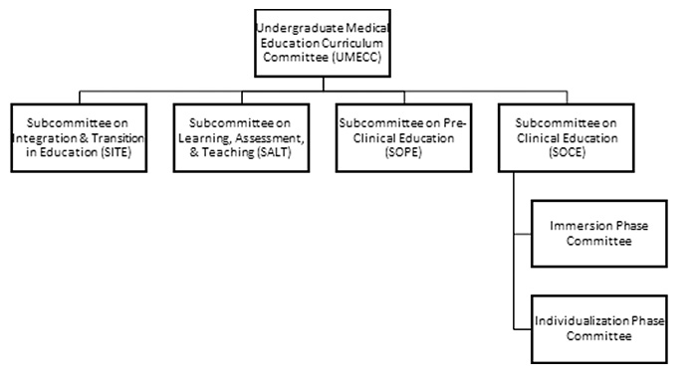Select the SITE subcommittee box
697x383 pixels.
[x=81, y=136]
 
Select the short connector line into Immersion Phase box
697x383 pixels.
[x=523, y=235]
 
